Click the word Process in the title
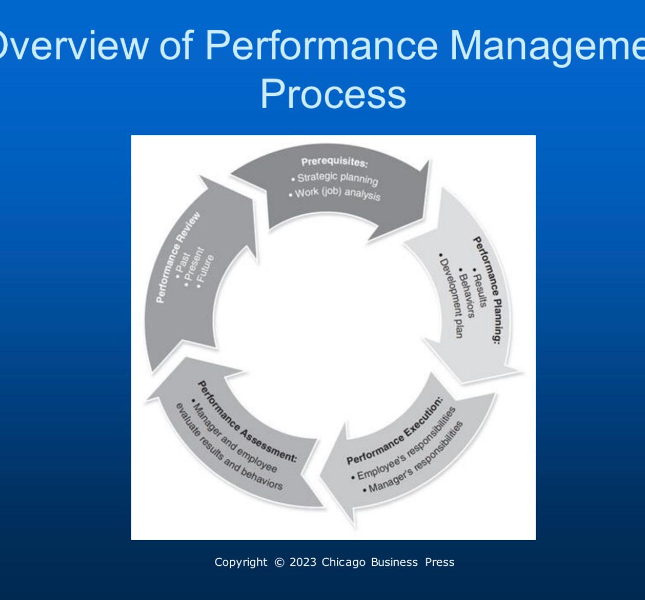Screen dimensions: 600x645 [x=333, y=95]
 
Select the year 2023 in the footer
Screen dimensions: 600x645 [x=302, y=562]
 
